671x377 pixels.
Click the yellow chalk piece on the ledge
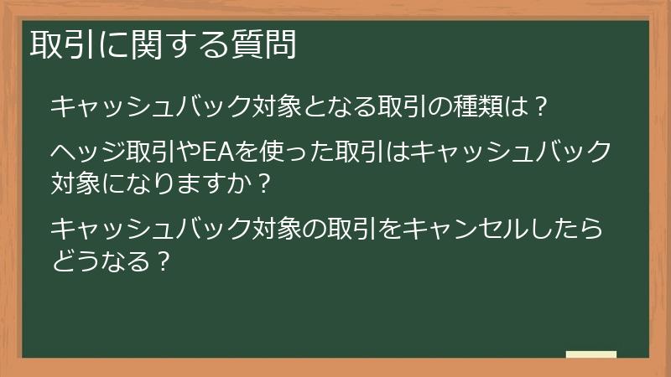click(x=590, y=354)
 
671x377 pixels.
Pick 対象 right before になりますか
click(x=75, y=180)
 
